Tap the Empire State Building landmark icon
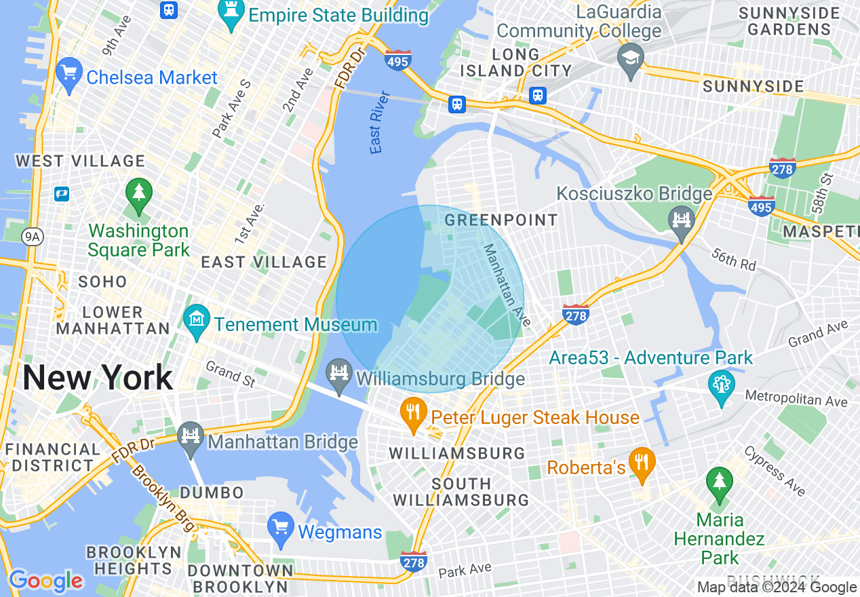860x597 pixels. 231,14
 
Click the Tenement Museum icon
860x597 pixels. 197,320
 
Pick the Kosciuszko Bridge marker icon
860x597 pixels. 682,221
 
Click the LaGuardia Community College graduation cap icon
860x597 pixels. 630,59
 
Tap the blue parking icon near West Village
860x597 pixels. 62,194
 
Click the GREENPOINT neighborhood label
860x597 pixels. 501,220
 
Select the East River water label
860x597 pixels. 380,122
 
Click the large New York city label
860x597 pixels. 98,377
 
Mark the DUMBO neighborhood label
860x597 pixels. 212,493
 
